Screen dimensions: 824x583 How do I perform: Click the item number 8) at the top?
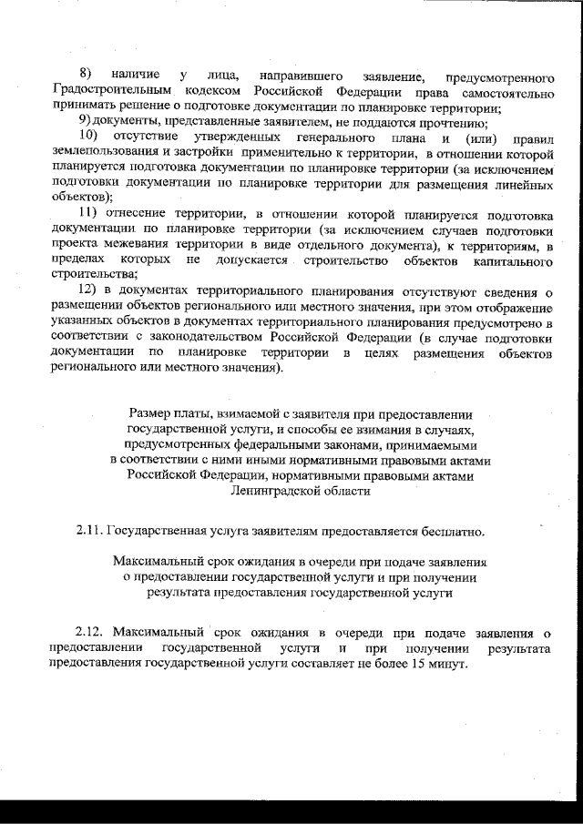86,73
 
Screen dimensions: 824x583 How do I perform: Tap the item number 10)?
88,137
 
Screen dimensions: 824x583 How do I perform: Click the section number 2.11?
89,531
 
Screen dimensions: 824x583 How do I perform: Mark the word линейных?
526,185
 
